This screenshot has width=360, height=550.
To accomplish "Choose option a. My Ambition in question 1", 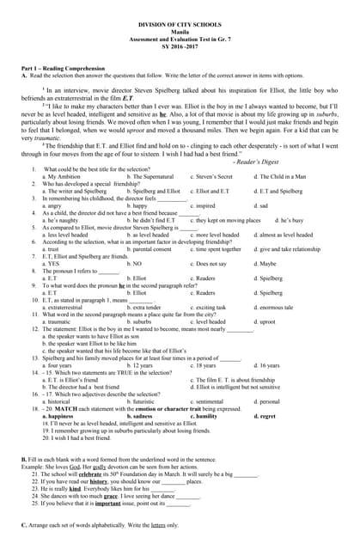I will (65, 175).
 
